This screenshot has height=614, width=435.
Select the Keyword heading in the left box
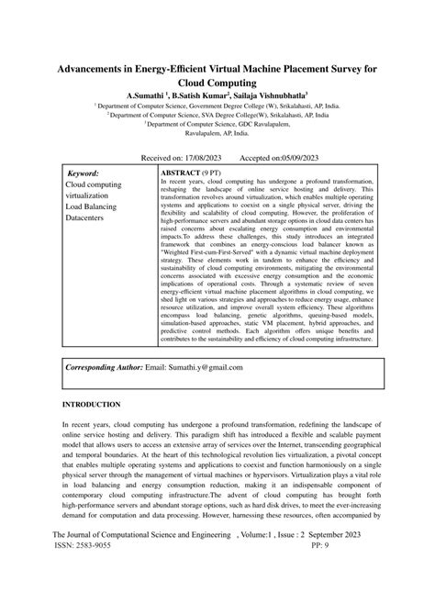coord(84,173)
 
